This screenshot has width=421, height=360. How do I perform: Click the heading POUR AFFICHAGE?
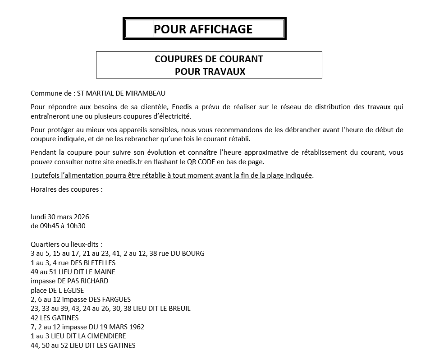(203, 29)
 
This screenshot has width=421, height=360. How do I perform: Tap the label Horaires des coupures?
(66, 189)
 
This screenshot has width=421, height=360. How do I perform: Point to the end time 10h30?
(76, 226)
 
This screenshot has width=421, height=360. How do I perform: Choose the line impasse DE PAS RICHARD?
(69, 281)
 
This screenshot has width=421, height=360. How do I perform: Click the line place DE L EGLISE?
(57, 291)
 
